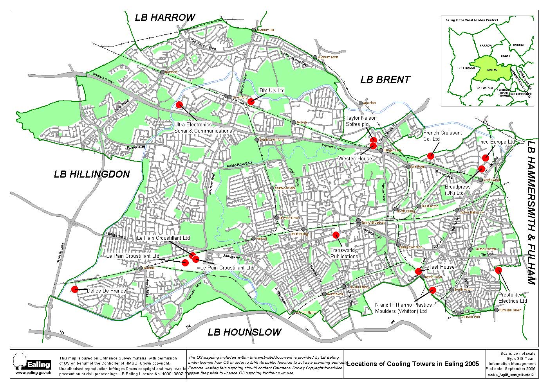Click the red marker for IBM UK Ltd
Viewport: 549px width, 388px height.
tap(251, 102)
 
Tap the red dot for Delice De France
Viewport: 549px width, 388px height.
tap(74, 289)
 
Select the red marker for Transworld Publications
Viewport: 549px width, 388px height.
tap(336, 235)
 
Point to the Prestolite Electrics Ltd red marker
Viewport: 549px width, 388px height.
tap(498, 270)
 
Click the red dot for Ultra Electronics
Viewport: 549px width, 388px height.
tap(179, 104)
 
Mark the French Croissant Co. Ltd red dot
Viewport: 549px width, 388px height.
tap(430, 156)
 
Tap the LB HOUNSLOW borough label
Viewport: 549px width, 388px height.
tap(244, 332)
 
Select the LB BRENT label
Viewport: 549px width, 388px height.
tap(385, 80)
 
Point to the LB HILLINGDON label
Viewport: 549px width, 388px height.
tap(92, 174)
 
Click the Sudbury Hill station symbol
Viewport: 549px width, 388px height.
tap(254, 30)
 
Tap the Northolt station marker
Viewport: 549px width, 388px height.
tap(162, 72)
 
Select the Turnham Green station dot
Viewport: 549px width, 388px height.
tap(496, 310)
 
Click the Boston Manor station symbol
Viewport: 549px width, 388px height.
tap(293, 312)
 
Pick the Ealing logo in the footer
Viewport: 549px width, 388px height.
tap(33, 362)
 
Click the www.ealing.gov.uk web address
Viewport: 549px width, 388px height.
tap(33, 374)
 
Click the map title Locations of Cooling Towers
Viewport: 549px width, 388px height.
tap(413, 364)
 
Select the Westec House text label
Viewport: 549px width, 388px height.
tap(356, 159)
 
